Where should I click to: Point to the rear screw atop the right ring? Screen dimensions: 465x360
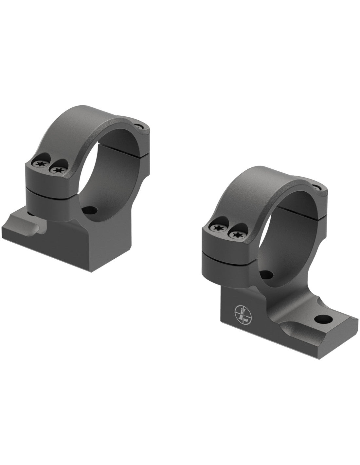point(316,188)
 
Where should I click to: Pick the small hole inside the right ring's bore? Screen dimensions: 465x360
point(268,274)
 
